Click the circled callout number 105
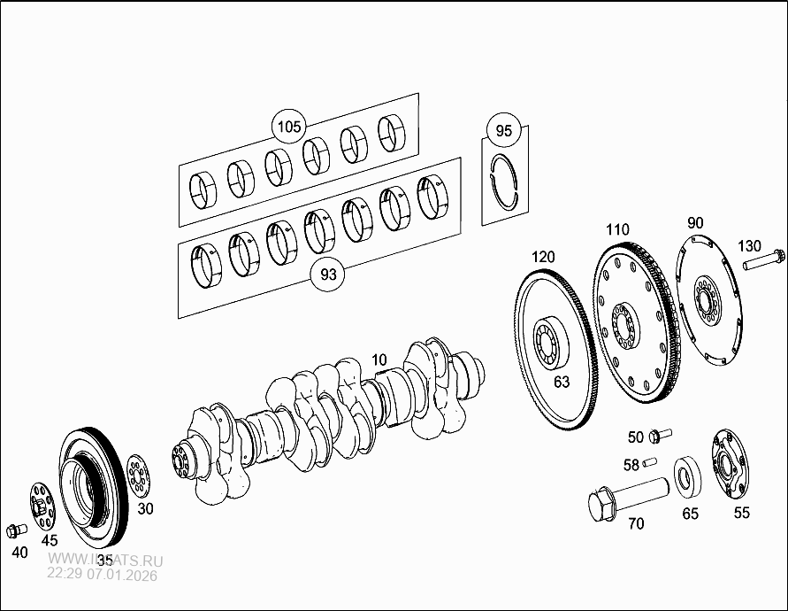click(x=288, y=128)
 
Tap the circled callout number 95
click(x=503, y=131)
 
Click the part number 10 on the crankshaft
click(x=379, y=360)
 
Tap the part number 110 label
click(x=617, y=229)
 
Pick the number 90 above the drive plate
click(x=695, y=222)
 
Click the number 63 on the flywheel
click(x=561, y=382)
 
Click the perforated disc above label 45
click(x=40, y=507)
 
